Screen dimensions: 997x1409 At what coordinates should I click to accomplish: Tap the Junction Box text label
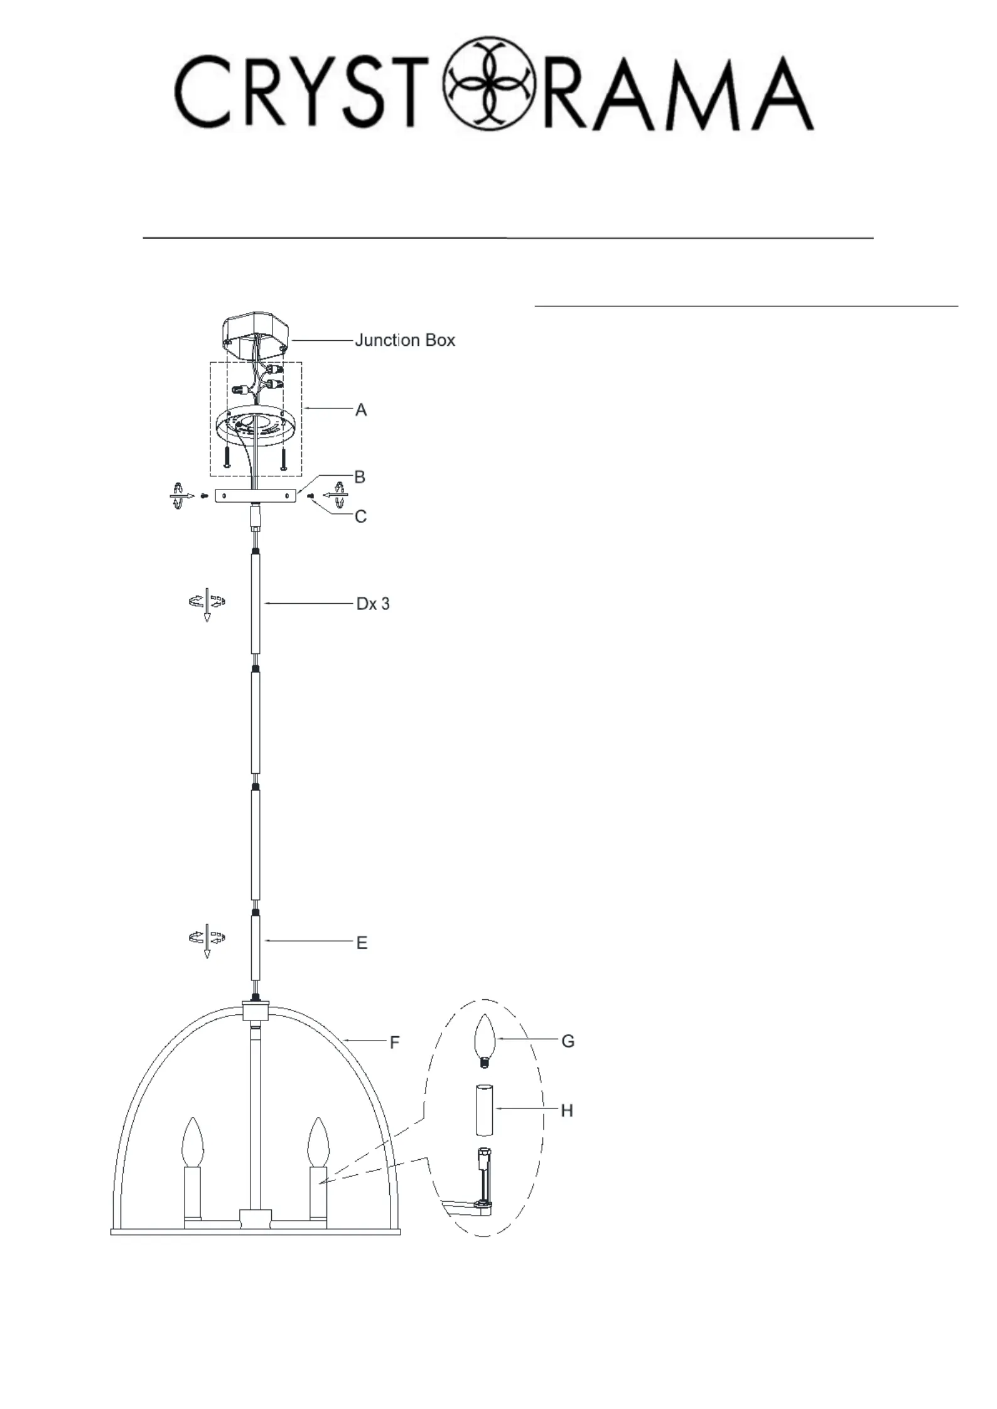tap(405, 340)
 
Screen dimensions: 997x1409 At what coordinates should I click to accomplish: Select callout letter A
tap(361, 410)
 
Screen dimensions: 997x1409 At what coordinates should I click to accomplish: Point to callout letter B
tap(360, 477)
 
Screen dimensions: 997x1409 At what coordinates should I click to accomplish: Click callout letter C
tap(360, 517)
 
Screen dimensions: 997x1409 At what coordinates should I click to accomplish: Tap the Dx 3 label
tap(373, 604)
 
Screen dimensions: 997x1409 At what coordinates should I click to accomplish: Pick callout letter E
tap(362, 943)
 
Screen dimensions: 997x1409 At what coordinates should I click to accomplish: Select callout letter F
tap(394, 1042)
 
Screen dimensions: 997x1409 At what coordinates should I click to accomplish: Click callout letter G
tap(568, 1041)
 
